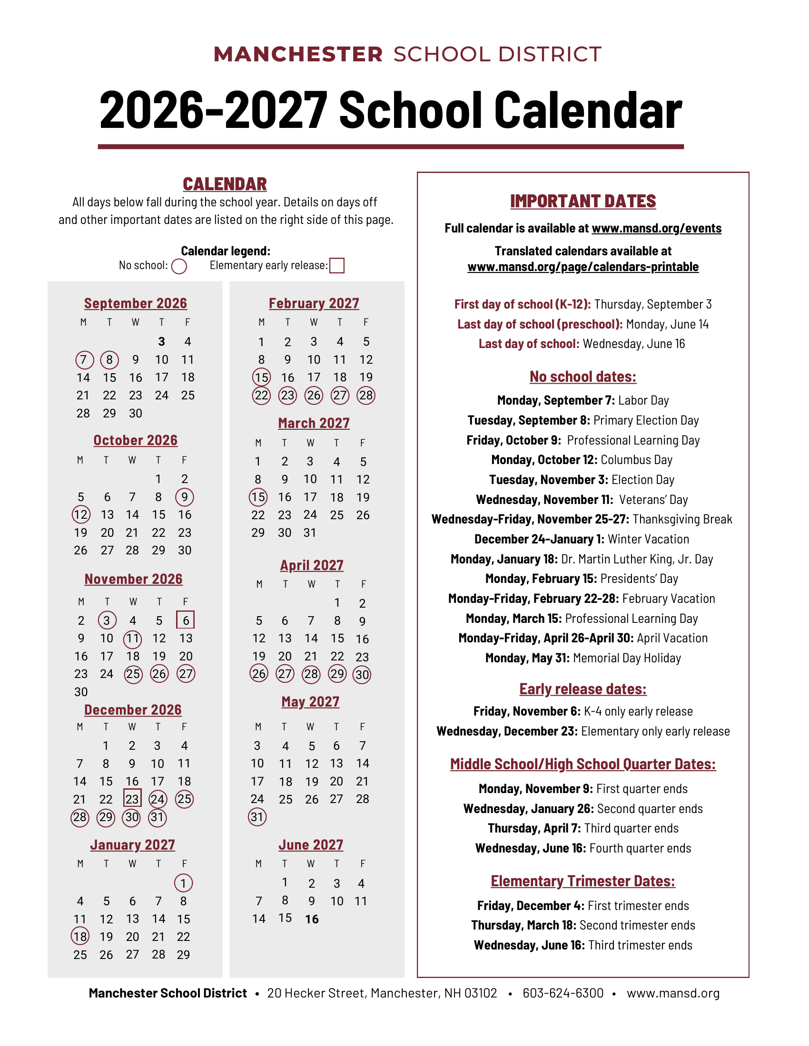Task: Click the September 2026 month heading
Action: click(x=136, y=303)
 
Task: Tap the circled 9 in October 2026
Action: click(x=185, y=497)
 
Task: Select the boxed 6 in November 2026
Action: click(x=186, y=620)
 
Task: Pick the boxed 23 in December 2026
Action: click(x=132, y=799)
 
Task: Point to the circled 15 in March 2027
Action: click(x=258, y=497)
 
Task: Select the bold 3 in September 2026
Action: click(x=161, y=341)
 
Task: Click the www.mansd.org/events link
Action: click(x=657, y=228)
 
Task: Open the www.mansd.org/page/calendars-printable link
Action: click(x=583, y=267)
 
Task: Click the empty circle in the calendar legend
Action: click(x=179, y=266)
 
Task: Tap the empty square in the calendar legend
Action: click(x=337, y=265)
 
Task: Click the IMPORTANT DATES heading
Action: click(x=583, y=201)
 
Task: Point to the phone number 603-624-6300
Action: click(x=563, y=993)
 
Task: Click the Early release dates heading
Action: click(x=583, y=689)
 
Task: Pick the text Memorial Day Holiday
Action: click(x=627, y=658)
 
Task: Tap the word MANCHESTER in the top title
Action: click(x=298, y=55)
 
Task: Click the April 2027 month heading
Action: click(x=312, y=565)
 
